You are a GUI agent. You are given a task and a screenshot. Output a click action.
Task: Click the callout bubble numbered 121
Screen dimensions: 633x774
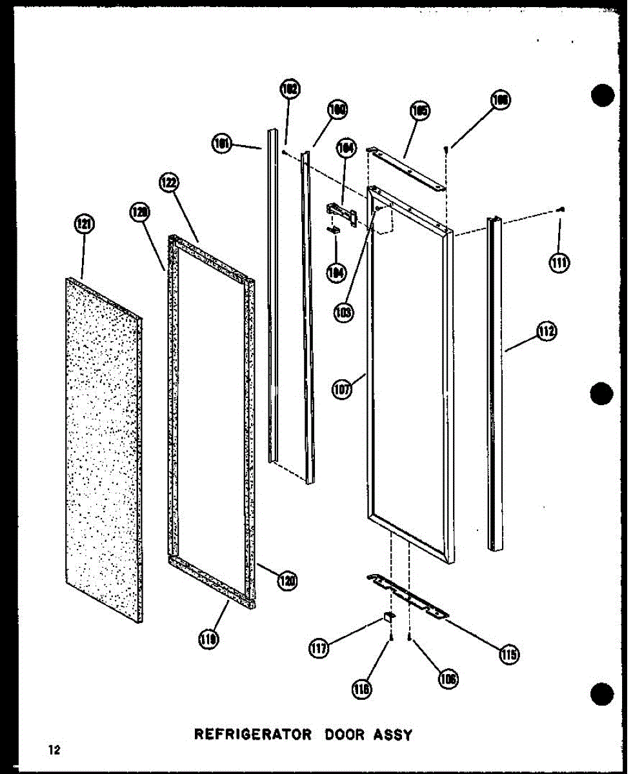point(85,225)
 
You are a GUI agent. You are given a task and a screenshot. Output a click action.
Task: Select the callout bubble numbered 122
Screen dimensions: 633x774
point(168,183)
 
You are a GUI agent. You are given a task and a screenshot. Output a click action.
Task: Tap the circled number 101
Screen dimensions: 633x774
point(223,144)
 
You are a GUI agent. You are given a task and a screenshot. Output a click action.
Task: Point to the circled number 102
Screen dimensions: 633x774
point(290,90)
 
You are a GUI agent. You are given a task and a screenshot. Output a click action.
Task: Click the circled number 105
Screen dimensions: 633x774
point(419,112)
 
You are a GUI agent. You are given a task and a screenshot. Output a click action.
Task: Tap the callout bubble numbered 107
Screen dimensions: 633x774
point(343,390)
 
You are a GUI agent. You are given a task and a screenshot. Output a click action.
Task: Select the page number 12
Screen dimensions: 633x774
point(54,749)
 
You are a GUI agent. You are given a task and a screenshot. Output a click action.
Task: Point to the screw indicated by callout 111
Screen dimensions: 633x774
point(563,209)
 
